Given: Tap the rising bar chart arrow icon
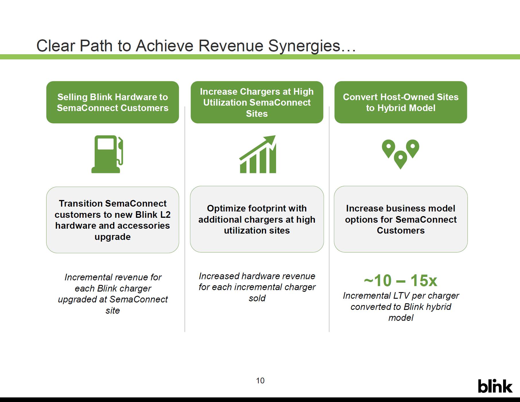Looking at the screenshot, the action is (x=257, y=154).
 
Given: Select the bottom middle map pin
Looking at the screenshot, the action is (x=400, y=160).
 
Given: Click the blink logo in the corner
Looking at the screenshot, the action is (x=495, y=386).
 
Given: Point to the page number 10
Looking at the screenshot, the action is (x=260, y=381).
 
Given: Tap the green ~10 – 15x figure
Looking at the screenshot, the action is (x=401, y=280).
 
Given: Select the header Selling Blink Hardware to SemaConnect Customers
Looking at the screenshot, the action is (x=112, y=102).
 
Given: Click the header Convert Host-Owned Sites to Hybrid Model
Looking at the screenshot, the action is (x=401, y=102).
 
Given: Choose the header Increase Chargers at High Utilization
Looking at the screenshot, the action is (x=257, y=102).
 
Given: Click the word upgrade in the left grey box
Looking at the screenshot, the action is (x=112, y=237).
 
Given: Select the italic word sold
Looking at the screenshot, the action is (x=257, y=298).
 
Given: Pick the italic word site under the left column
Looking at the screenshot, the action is (x=112, y=310).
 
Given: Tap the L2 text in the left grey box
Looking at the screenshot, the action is (x=165, y=215).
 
